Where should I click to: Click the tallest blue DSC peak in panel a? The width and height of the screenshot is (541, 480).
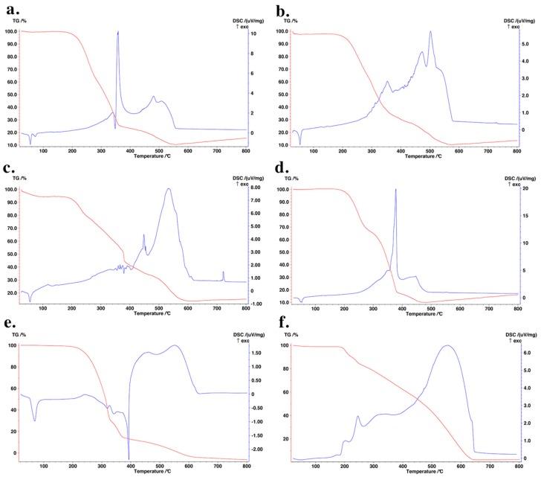point(117,32)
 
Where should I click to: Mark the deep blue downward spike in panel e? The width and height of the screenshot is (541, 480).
point(129,458)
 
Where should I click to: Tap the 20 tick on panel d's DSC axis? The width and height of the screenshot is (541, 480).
point(525,190)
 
